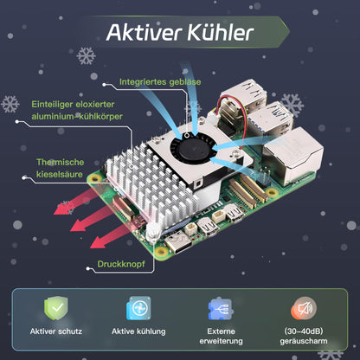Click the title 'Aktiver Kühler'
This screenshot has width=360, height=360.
pos(179,34)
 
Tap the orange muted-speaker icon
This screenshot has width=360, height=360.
pos(305,310)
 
